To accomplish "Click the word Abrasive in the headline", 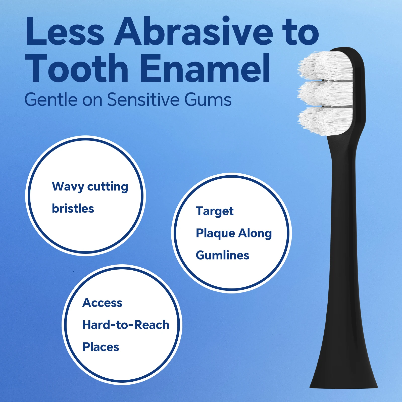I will pyautogui.click(x=193, y=31).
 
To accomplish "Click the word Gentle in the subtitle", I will pyautogui.click(x=51, y=100).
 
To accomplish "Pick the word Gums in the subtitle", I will pyautogui.click(x=208, y=100).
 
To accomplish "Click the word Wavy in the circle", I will pyautogui.click(x=68, y=187).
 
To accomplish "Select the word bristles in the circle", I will pyautogui.click(x=73, y=209).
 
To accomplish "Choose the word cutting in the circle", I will pyautogui.click(x=108, y=187).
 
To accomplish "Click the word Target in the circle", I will pyautogui.click(x=215, y=211).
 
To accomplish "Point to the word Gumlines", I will pyautogui.click(x=222, y=255).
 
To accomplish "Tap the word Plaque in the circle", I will pyautogui.click(x=215, y=233).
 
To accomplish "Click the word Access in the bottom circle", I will pyautogui.click(x=102, y=303).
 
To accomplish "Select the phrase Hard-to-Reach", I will pyautogui.click(x=126, y=325).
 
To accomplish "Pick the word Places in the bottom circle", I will pyautogui.click(x=101, y=347).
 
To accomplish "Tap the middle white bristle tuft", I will pyautogui.click(x=324, y=93).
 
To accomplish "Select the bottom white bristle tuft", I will pyautogui.click(x=324, y=121).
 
